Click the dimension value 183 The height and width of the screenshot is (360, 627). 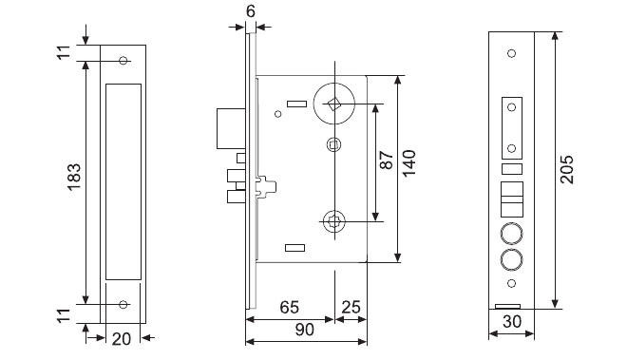74,177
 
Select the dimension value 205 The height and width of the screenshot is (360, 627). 566,170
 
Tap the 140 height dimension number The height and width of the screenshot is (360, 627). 409,163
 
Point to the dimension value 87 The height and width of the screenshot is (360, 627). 387,160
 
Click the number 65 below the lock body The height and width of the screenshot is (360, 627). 289,307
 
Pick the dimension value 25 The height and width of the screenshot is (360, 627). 351,307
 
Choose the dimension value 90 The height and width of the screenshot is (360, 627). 305,330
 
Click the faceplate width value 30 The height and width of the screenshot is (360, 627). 512,321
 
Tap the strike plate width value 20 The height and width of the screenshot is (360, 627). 122,339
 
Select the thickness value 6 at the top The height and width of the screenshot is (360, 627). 250,11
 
